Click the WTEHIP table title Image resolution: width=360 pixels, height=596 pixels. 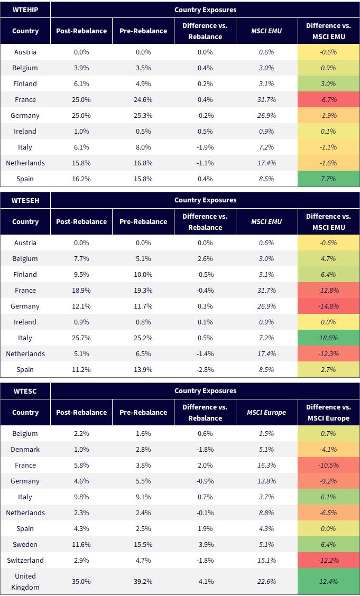25,10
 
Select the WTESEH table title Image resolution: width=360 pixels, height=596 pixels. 25,200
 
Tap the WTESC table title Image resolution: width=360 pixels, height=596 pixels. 25,391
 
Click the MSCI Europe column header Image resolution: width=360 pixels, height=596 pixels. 266,413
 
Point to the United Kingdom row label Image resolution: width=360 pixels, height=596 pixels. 25,582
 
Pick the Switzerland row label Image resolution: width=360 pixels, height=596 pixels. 25,560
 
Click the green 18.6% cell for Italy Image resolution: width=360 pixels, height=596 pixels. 328,338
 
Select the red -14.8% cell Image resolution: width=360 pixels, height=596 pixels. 328,306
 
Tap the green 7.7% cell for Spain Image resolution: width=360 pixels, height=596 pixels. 328,179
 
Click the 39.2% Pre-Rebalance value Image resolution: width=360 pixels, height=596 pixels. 143,582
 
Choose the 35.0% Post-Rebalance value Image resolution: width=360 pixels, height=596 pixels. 81,582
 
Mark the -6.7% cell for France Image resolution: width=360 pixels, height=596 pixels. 328,99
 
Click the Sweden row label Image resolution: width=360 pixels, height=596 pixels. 25,544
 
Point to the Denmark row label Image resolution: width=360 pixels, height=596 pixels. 25,449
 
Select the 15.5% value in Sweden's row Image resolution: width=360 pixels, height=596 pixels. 143,544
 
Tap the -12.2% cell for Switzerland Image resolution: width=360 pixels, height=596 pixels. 328,560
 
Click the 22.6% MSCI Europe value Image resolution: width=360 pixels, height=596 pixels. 266,582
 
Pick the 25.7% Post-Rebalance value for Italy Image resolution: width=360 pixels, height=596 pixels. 81,338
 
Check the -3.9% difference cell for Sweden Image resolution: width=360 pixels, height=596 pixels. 205,544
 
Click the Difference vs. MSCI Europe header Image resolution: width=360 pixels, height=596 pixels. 328,413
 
